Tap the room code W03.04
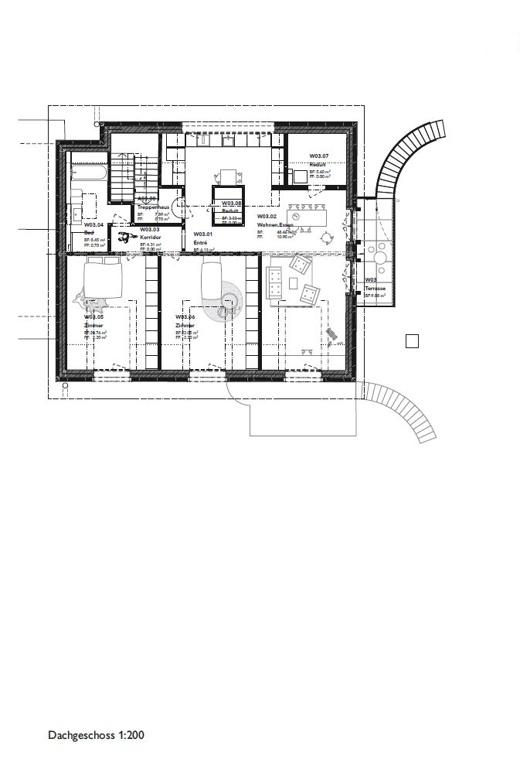[x=93, y=225]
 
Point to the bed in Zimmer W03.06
[x=211, y=279]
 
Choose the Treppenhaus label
[x=154, y=207]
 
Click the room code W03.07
[x=318, y=156]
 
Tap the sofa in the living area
[x=274, y=282]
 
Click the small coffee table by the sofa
[x=309, y=293]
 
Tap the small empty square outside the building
[x=412, y=340]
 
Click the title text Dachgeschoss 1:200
[x=96, y=736]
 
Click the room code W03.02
[x=267, y=216]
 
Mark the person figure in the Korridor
[x=124, y=238]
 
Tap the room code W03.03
[x=149, y=230]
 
